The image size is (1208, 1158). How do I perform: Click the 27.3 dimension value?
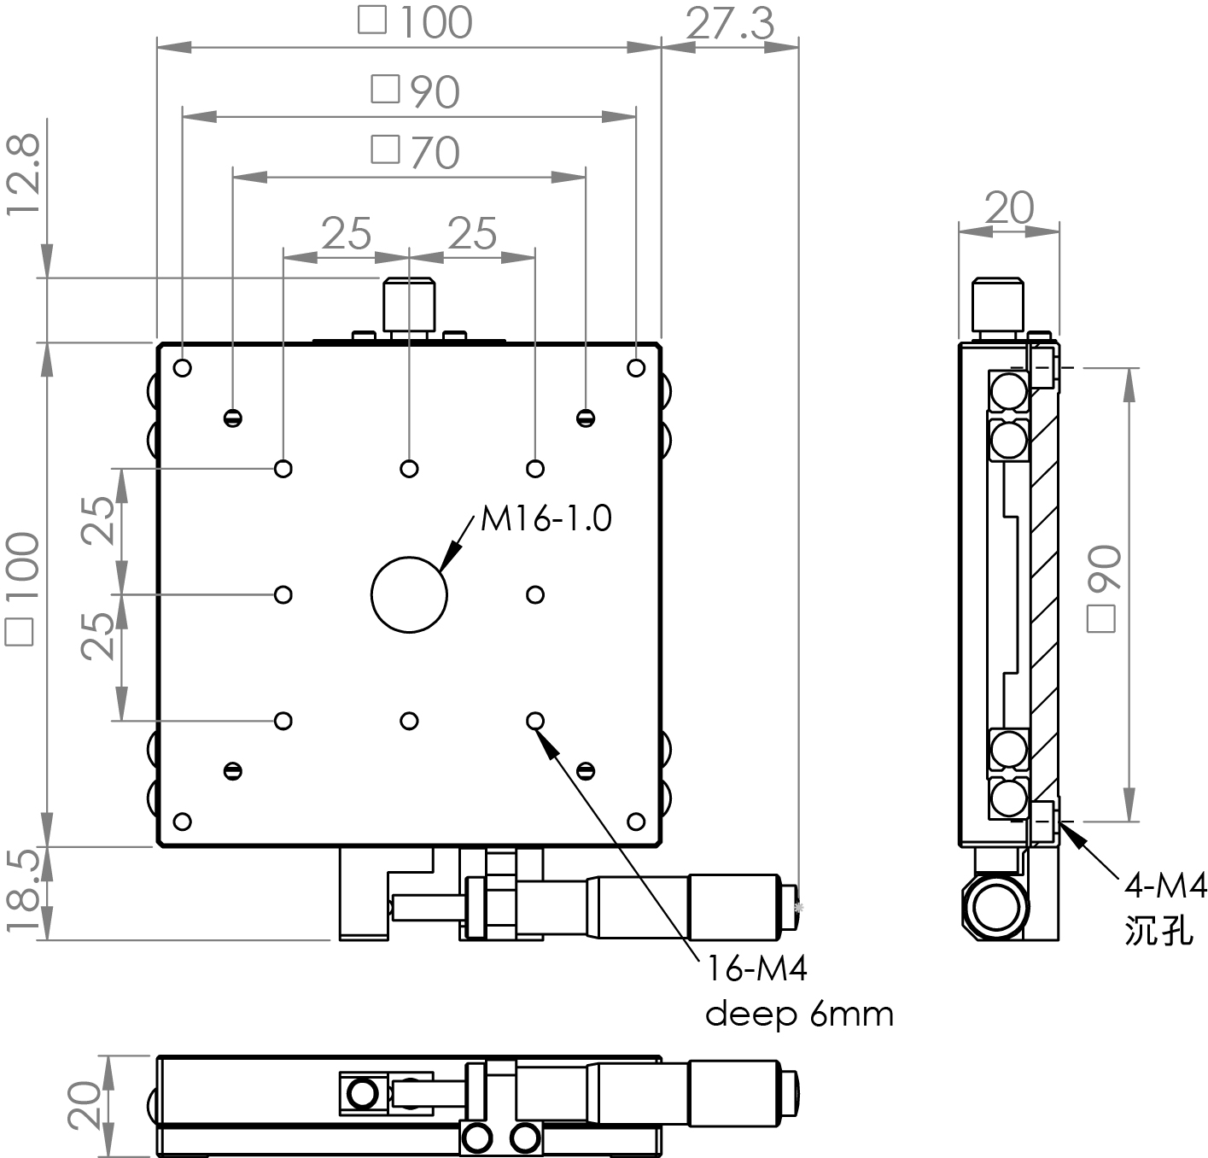click(x=730, y=24)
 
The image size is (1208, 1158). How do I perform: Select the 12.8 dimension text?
click(x=23, y=175)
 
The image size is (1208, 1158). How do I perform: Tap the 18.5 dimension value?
click(x=23, y=891)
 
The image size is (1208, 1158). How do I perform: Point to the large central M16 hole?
click(x=409, y=594)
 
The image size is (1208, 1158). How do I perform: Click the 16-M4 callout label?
click(x=756, y=968)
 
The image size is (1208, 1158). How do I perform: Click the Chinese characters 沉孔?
click(x=1158, y=931)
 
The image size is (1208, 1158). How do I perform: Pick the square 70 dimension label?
click(x=416, y=152)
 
